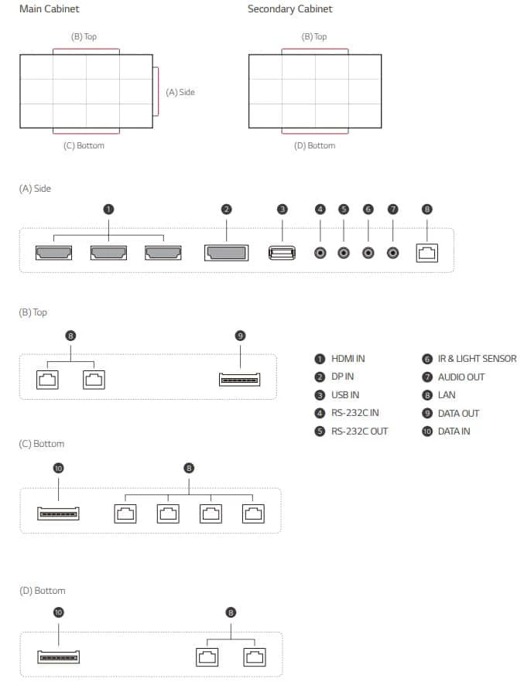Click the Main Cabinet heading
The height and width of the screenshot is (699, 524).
click(49, 9)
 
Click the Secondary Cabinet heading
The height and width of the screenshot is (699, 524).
click(289, 9)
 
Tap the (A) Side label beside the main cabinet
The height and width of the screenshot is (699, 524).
click(180, 92)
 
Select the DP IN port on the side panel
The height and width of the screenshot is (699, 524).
click(226, 253)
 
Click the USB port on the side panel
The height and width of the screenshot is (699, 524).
click(282, 253)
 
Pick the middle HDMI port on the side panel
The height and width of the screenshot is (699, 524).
click(108, 253)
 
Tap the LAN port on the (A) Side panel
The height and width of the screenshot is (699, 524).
click(427, 253)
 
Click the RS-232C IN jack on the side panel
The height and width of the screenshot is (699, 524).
click(320, 253)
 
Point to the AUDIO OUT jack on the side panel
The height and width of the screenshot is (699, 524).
click(392, 253)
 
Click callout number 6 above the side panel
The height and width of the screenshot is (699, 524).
click(368, 209)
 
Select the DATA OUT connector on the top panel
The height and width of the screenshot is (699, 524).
click(240, 380)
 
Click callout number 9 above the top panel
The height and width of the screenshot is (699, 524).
click(240, 336)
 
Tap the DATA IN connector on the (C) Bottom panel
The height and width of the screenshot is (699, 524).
click(58, 513)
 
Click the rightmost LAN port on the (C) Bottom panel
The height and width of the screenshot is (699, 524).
click(253, 513)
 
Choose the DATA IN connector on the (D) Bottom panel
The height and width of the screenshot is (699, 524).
click(58, 656)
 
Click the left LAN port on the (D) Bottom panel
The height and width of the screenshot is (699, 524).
click(207, 657)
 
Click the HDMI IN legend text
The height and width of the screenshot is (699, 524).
click(348, 359)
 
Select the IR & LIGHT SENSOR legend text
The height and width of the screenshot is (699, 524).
click(477, 359)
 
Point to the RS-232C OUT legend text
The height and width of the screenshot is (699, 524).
click(359, 431)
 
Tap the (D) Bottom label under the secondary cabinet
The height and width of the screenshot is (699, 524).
click(314, 146)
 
